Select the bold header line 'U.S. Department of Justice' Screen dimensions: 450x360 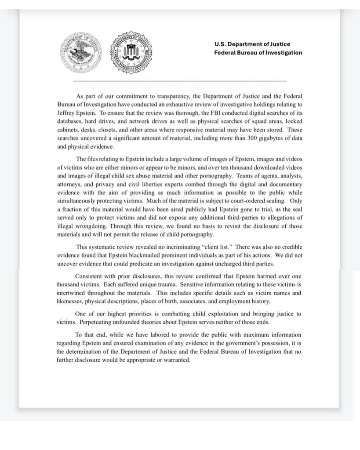pyautogui.click(x=252, y=44)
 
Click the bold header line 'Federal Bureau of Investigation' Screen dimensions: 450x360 pyautogui.click(x=258, y=53)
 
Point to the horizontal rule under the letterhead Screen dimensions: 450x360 pyautogui.click(x=179, y=81)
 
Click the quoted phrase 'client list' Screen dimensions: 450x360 pyautogui.click(x=214, y=246)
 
